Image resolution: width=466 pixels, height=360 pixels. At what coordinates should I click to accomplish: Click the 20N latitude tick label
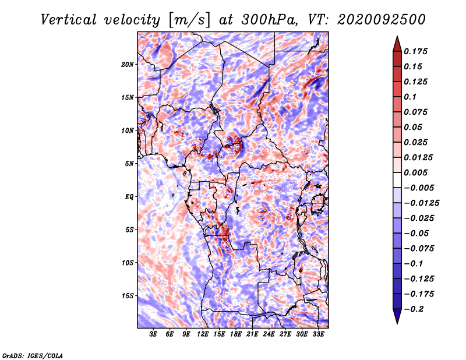click(x=128, y=64)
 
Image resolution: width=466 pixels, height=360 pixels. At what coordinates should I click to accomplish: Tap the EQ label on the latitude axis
click(x=129, y=197)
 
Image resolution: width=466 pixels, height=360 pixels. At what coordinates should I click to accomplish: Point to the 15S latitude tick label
click(x=128, y=296)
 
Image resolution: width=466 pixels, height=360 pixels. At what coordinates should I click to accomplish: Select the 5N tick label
click(x=129, y=164)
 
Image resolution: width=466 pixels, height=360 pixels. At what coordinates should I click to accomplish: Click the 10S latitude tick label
click(x=128, y=263)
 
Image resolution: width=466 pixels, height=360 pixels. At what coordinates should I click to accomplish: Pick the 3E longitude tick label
click(x=153, y=334)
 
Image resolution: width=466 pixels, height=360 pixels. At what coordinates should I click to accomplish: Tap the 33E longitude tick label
click(x=318, y=334)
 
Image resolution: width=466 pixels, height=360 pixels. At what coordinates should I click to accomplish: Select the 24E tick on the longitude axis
click(x=269, y=334)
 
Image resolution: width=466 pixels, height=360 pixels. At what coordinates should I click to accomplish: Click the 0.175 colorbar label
click(x=416, y=51)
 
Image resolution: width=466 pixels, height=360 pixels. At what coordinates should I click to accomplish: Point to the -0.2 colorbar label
click(x=414, y=309)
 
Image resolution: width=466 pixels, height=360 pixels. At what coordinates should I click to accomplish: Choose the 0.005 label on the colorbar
click(x=416, y=172)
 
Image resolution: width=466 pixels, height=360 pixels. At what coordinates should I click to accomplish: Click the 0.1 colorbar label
click(x=411, y=97)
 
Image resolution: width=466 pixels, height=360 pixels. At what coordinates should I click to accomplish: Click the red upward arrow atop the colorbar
click(x=397, y=44)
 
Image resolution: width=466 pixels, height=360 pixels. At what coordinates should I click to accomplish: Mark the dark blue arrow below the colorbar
click(x=397, y=316)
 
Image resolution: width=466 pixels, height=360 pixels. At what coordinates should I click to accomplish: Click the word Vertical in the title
click(x=69, y=20)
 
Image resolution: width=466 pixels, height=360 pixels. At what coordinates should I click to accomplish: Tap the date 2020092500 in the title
click(x=382, y=20)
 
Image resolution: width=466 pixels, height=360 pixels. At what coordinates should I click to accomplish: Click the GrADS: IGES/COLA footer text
click(x=33, y=356)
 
